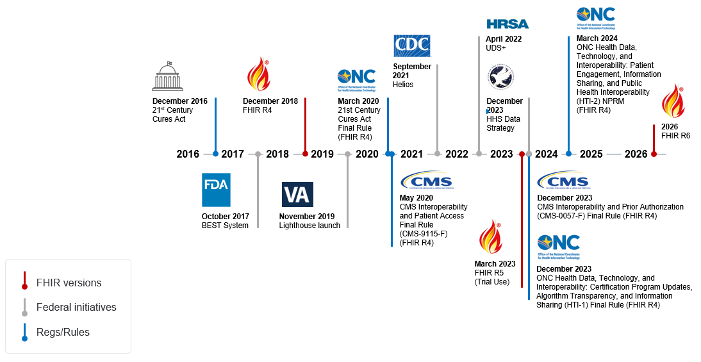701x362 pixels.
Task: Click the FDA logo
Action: coord(216,190)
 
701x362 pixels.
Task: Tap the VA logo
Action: coord(297,194)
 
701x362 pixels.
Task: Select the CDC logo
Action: coord(411,46)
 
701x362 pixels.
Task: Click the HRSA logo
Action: coord(507,24)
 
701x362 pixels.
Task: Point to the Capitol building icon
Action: coord(168,77)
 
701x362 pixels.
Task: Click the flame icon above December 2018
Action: coord(258,74)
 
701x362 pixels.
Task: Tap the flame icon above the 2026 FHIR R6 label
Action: coord(673,101)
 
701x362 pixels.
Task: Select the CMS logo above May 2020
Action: coord(425,181)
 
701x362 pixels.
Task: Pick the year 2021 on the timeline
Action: coord(412,154)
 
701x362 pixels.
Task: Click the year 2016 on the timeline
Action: coord(188,154)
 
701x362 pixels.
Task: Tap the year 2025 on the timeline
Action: coord(591,154)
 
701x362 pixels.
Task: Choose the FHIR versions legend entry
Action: coord(69,283)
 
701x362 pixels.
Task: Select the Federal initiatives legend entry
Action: coord(76,307)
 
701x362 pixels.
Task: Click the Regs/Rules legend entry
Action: coord(63,332)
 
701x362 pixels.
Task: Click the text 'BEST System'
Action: coord(225,226)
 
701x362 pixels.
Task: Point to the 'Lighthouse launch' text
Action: coord(309,226)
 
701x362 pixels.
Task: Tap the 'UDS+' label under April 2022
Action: coord(495,48)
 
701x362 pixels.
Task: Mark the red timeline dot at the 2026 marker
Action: coord(654,154)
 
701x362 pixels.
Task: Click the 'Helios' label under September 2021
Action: coord(403,85)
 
